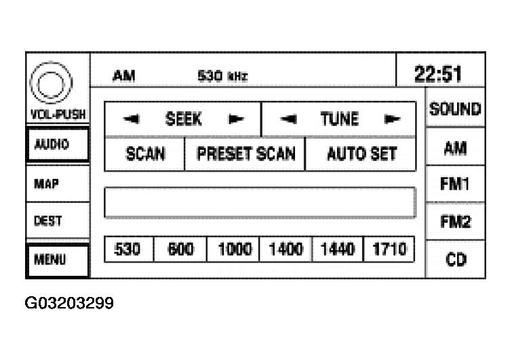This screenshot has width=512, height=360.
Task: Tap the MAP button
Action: click(x=58, y=184)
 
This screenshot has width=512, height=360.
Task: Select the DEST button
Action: click(x=58, y=220)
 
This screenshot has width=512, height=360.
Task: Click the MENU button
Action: click(x=58, y=260)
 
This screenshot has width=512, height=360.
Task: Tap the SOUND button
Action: click(x=455, y=108)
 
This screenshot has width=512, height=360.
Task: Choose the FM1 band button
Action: click(x=455, y=184)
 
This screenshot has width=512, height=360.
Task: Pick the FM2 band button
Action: click(x=455, y=222)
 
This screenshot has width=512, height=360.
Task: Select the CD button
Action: click(x=455, y=260)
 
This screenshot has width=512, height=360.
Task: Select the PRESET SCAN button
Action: click(x=245, y=154)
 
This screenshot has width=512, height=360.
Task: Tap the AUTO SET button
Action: click(x=361, y=154)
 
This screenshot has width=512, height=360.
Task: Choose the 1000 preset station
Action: click(x=233, y=249)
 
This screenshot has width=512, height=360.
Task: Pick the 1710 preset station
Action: click(x=389, y=249)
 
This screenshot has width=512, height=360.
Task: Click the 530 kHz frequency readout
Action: click(x=222, y=76)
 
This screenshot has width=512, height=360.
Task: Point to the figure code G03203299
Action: click(x=69, y=302)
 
